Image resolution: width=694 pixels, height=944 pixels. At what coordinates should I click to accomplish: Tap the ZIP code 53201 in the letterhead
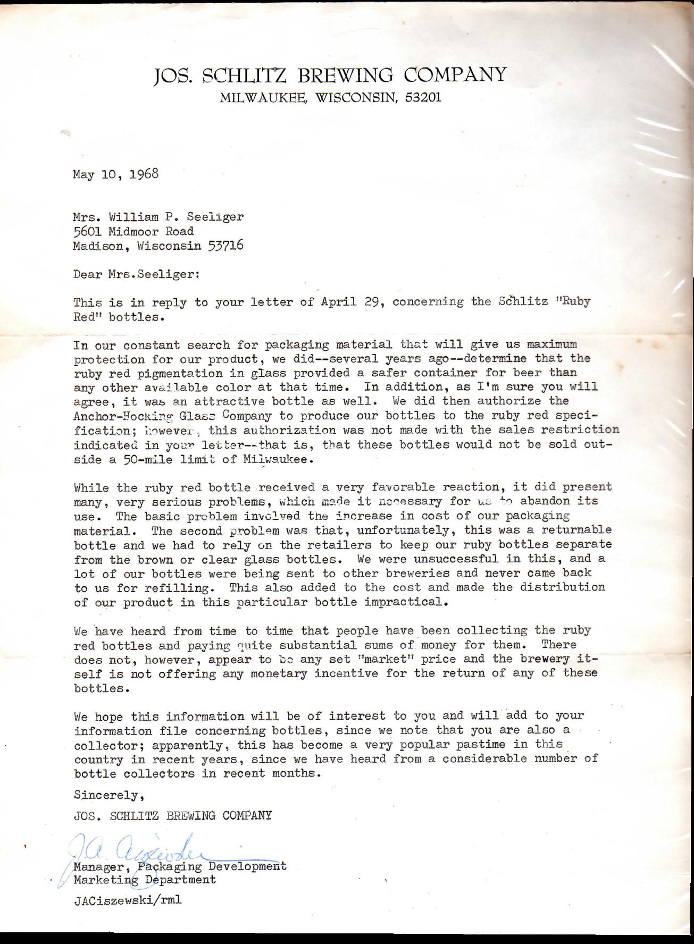pos(423,98)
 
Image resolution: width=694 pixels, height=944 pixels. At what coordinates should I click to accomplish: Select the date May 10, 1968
pos(116,174)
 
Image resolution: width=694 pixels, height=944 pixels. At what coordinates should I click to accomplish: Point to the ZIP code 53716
pos(226,246)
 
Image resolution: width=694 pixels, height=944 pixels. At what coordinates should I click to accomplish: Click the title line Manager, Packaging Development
pos(180,866)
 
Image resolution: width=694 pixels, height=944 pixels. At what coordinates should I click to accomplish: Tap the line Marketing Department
pos(145,880)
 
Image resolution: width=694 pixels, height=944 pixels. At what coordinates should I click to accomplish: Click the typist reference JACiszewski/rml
pos(124,901)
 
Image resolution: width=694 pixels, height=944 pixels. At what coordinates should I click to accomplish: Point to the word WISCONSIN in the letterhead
pos(355,98)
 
